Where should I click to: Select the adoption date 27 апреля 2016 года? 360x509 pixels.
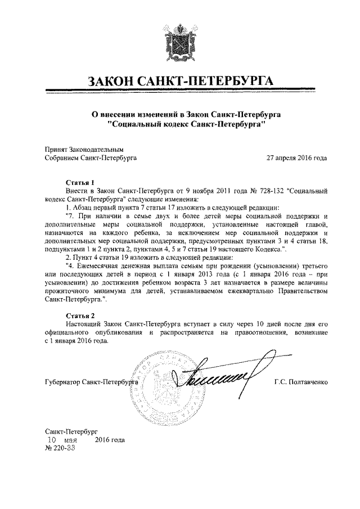(x=296, y=158)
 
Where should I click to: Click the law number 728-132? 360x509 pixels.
(x=267, y=191)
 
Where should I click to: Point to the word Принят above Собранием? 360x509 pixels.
(x=56, y=150)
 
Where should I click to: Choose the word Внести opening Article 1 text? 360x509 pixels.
(x=77, y=191)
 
